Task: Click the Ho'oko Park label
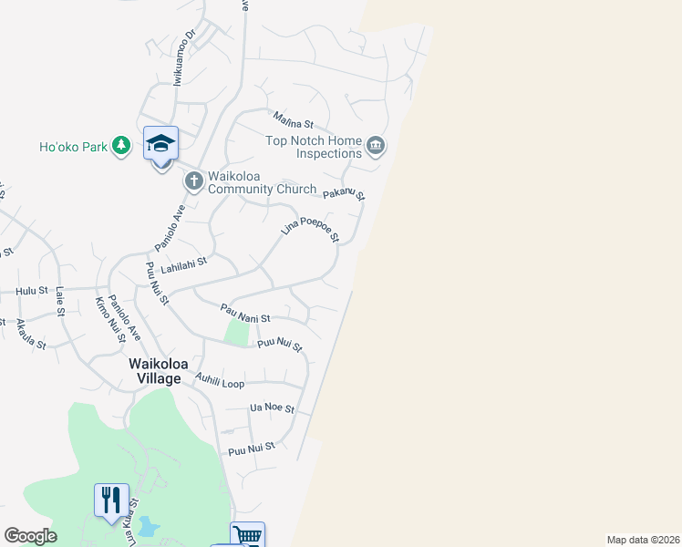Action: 73,146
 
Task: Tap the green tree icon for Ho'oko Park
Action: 120,146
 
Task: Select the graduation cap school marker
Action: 160,144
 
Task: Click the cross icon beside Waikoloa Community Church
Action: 193,181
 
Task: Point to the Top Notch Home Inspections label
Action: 314,147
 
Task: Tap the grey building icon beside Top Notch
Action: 375,146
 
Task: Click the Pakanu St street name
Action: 344,193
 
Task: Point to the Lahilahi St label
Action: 184,266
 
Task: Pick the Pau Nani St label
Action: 245,315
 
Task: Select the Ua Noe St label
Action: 272,409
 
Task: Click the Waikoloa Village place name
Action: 155,370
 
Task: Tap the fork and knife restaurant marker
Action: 111,501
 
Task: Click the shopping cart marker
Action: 247,535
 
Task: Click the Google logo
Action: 31,536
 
